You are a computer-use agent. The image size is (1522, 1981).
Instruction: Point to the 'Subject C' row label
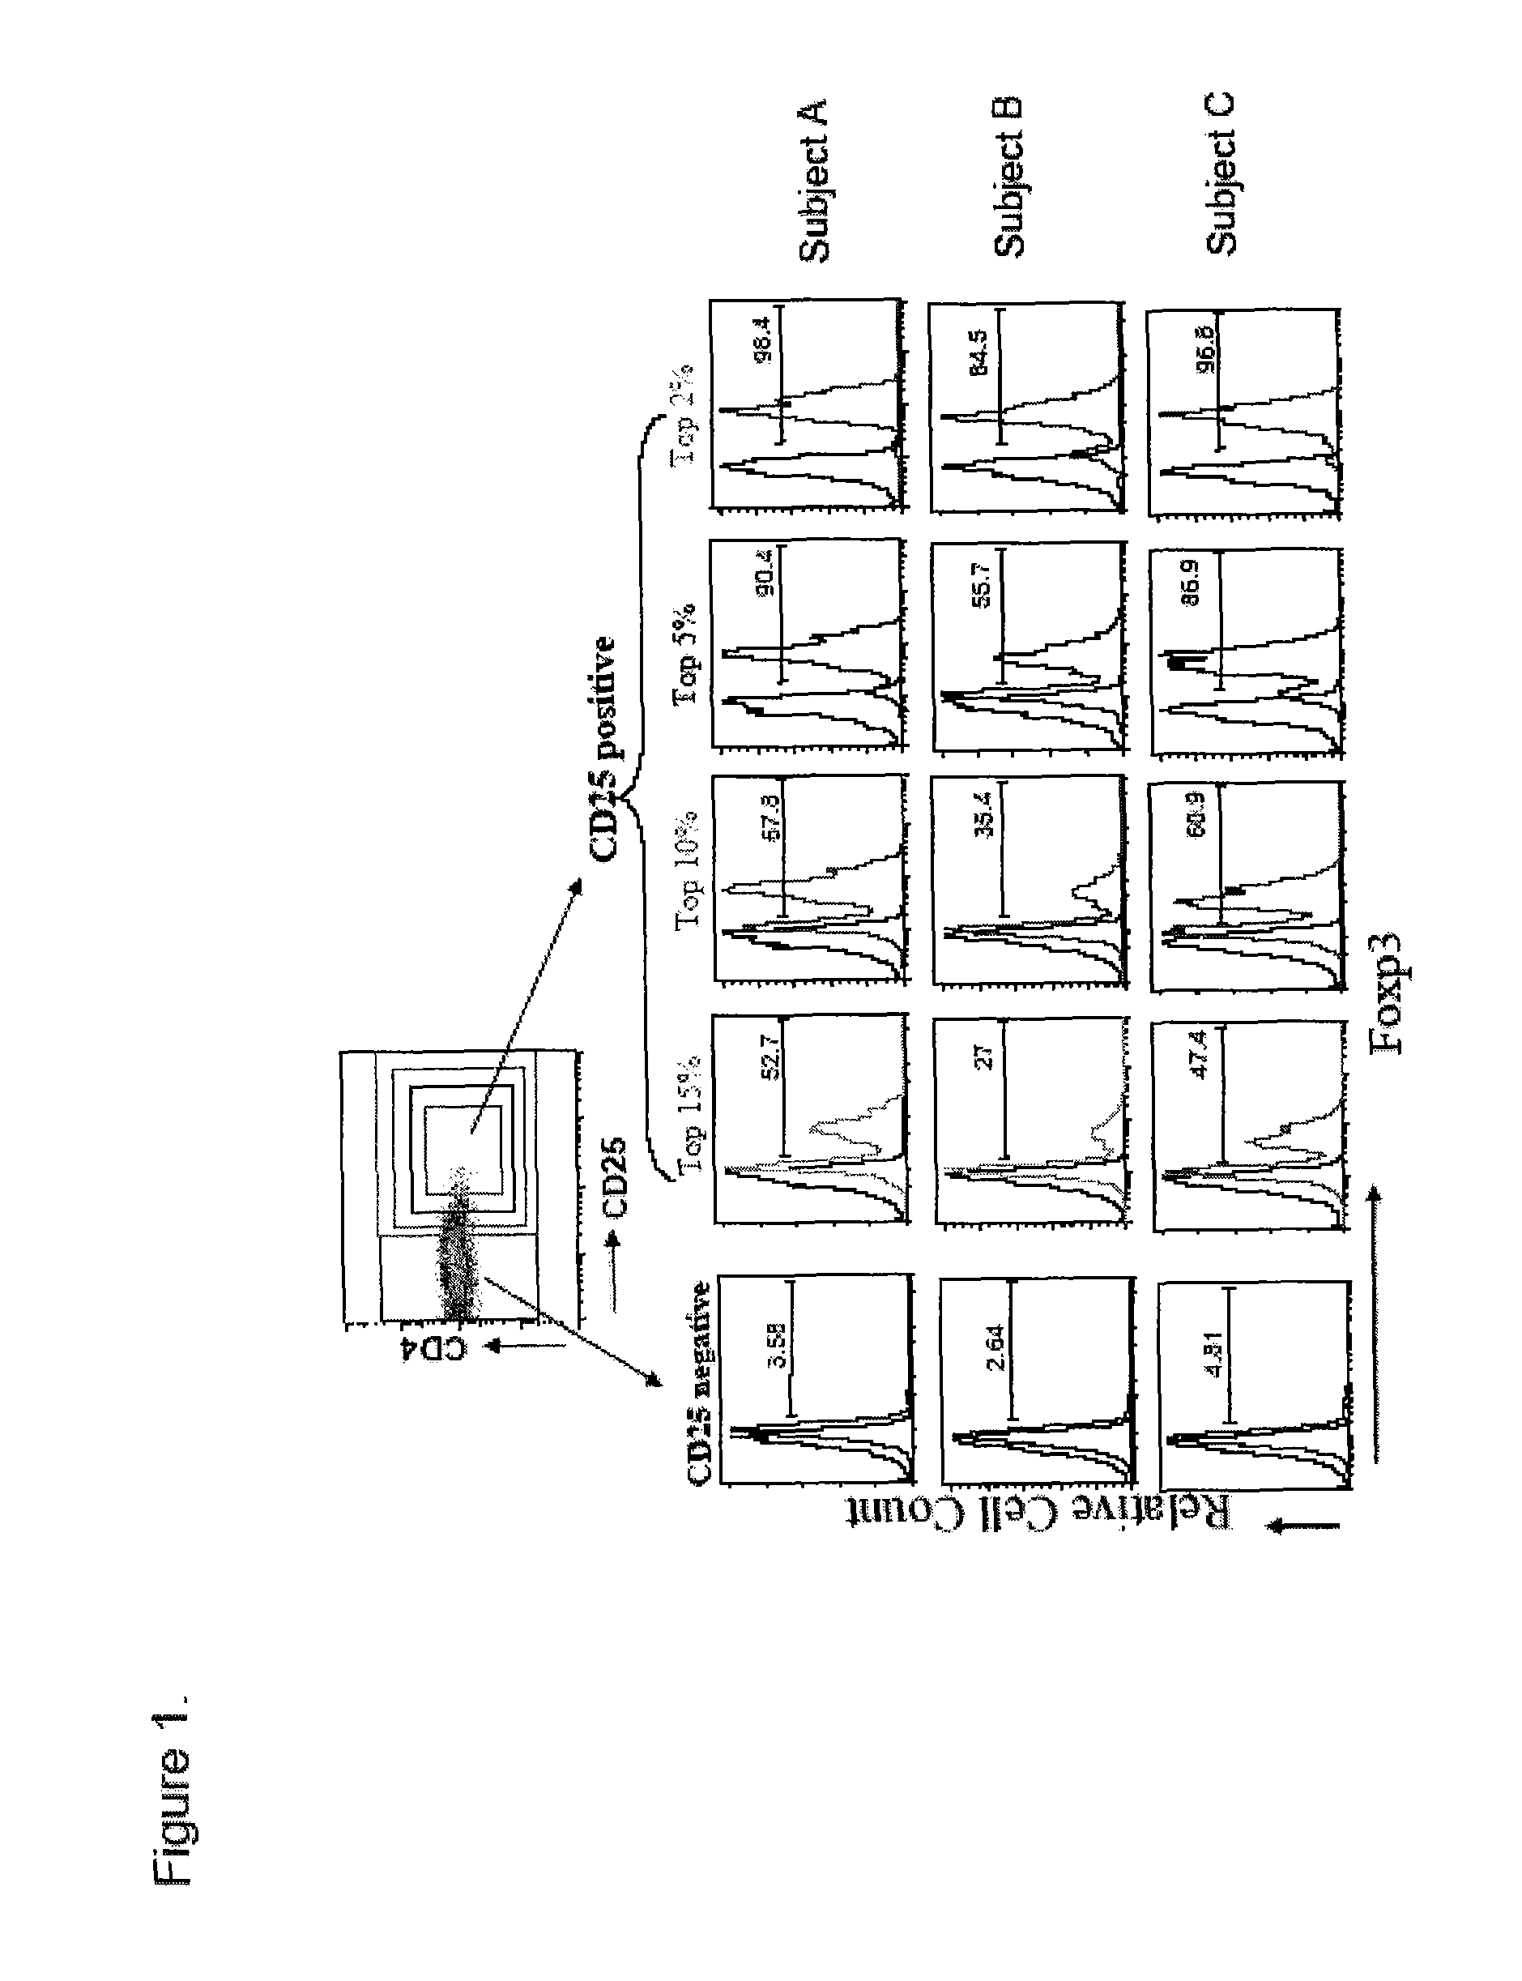coord(1221,174)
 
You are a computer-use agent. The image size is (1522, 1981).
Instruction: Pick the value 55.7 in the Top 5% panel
coord(983,590)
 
